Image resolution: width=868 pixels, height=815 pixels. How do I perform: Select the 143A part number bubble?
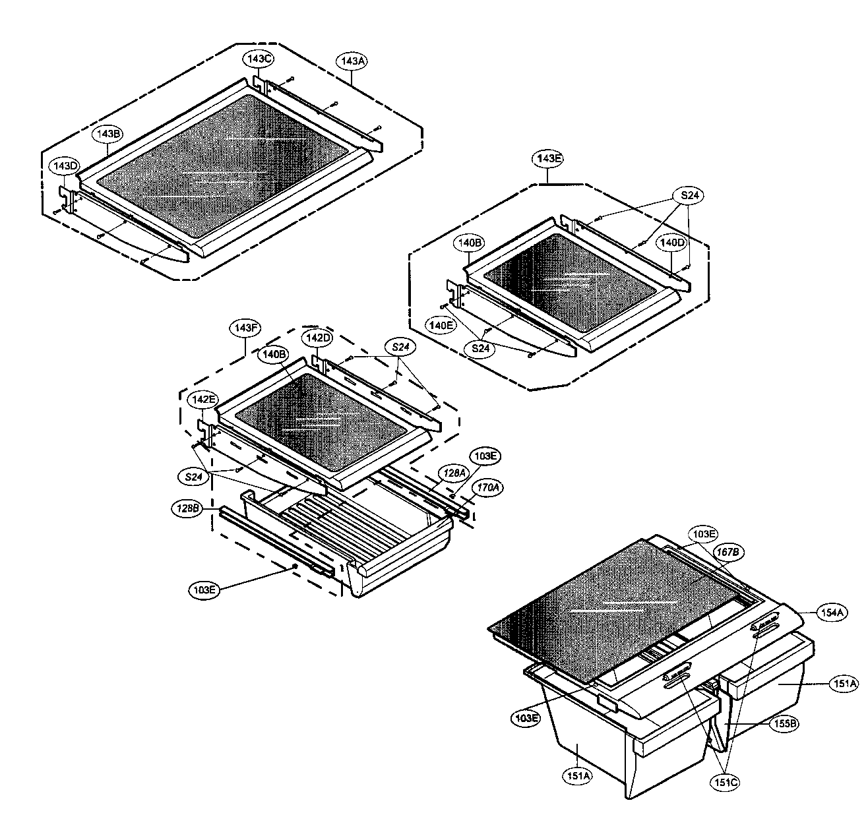pos(352,61)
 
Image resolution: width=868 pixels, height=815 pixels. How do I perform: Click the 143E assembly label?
pos(548,159)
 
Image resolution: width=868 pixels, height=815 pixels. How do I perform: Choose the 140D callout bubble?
pos(673,243)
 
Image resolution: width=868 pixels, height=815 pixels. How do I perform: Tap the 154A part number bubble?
pos(834,613)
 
